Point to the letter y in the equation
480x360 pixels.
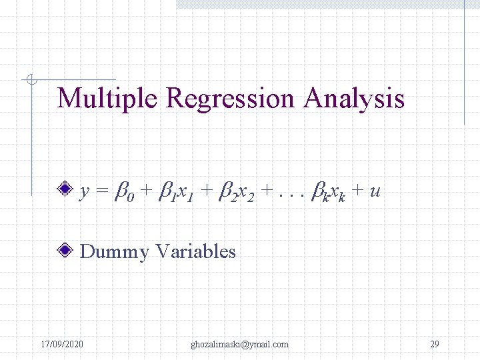pyautogui.click(x=85, y=193)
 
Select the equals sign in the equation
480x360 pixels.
pyautogui.click(x=101, y=192)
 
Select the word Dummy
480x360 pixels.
pyautogui.click(x=114, y=252)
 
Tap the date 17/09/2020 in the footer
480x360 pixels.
pyautogui.click(x=62, y=344)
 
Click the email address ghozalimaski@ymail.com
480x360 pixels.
pyautogui.click(x=239, y=344)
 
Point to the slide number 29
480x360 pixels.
pyautogui.click(x=435, y=344)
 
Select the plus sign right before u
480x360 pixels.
pyautogui.click(x=358, y=192)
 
